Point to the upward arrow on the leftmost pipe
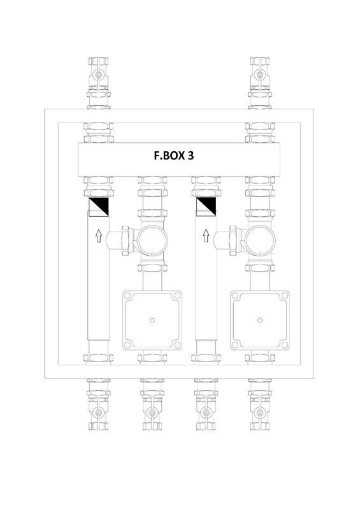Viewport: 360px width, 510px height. (x=97, y=238)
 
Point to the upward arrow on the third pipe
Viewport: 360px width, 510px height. (x=205, y=238)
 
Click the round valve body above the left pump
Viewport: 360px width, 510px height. (x=153, y=239)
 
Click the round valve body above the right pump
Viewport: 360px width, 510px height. (x=261, y=239)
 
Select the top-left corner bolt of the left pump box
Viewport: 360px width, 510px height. (x=126, y=296)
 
